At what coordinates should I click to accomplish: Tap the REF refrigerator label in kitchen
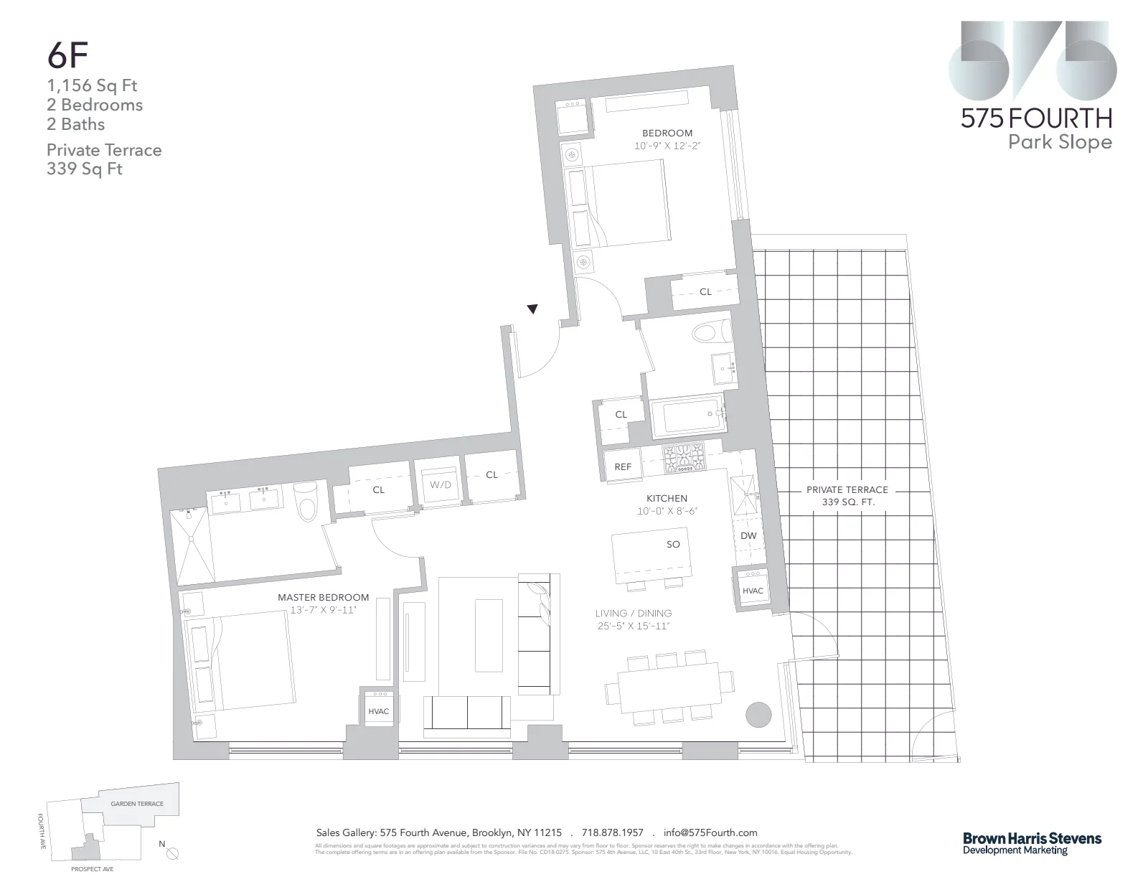pos(623,466)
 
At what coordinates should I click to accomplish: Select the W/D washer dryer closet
pos(440,484)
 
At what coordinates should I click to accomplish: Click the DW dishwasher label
pos(748,536)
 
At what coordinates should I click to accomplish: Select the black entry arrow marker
pos(532,310)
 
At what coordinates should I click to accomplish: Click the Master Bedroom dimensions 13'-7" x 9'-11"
pos(323,610)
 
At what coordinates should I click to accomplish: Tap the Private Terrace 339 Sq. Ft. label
pos(847,495)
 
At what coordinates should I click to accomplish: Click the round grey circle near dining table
pos(758,713)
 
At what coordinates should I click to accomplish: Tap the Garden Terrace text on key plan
pos(136,804)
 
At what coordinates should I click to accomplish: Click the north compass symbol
pos(171,853)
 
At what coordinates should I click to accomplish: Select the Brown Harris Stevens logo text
pos(1031,838)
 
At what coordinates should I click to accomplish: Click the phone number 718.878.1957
pos(612,832)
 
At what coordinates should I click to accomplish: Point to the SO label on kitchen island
pos(672,544)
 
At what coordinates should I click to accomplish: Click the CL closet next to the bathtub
pos(621,414)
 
